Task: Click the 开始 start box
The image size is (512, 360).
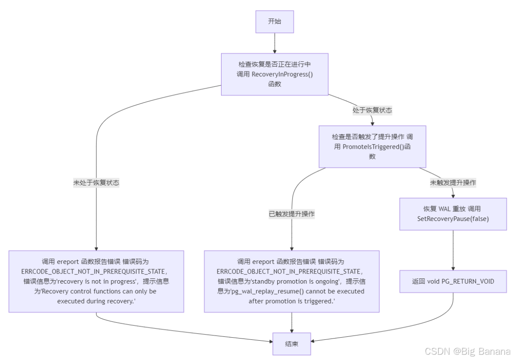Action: click(x=275, y=21)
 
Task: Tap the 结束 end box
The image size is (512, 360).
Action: click(x=291, y=344)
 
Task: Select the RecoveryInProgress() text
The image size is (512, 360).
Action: click(x=282, y=74)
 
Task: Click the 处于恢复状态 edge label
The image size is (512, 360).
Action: click(x=372, y=110)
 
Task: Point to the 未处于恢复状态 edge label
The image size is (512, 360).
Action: click(x=96, y=183)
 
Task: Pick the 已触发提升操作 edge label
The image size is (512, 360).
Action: click(x=291, y=214)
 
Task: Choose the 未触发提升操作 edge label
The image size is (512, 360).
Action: click(x=453, y=183)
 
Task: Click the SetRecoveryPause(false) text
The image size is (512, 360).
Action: click(x=453, y=219)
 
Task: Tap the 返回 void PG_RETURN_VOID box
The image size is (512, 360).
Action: click(x=453, y=281)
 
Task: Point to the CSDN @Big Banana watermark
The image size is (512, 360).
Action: click(x=468, y=351)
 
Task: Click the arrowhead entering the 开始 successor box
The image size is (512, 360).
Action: click(x=275, y=50)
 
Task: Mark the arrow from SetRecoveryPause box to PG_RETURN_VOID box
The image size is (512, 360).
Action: click(x=453, y=250)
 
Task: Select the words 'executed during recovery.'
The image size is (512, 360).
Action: click(x=96, y=301)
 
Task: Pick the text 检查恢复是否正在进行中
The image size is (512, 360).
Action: click(x=275, y=64)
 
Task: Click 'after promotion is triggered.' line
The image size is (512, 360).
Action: click(x=291, y=301)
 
